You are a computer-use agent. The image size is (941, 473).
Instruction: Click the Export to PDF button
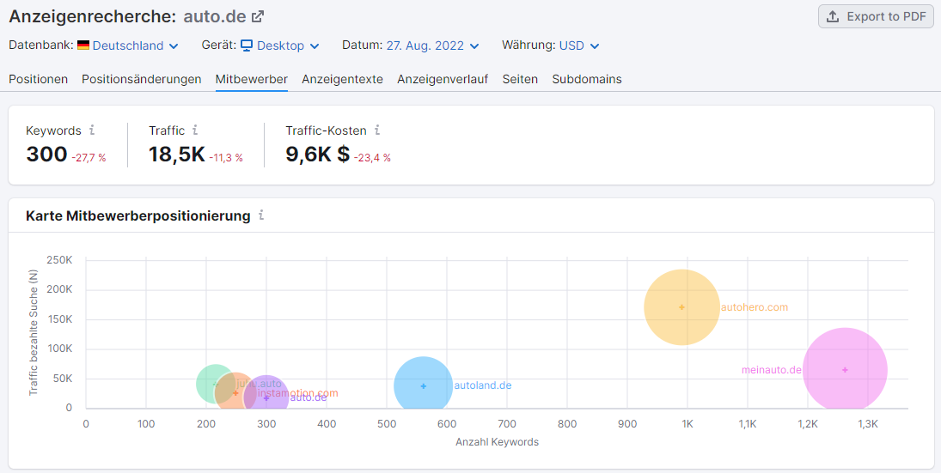(876, 16)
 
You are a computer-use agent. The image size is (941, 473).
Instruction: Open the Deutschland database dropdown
(136, 45)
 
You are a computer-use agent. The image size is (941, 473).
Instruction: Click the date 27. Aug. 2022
(432, 45)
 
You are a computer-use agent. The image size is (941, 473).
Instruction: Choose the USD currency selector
(579, 45)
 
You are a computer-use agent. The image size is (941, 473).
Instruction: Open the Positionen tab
(39, 79)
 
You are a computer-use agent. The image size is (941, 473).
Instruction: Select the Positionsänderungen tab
(142, 79)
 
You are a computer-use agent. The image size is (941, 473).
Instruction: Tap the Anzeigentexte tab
(342, 79)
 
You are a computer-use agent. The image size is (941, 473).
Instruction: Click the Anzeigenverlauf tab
(443, 79)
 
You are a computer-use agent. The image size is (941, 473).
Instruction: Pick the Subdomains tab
(587, 79)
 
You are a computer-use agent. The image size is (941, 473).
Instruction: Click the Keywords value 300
(46, 155)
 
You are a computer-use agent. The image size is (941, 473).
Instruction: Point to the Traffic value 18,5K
(176, 155)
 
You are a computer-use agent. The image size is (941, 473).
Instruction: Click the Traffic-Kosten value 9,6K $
(318, 155)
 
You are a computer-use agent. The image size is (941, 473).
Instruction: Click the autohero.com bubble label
(754, 307)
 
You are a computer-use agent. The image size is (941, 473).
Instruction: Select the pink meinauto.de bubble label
(771, 370)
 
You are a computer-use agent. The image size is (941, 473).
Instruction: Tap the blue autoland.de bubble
(423, 386)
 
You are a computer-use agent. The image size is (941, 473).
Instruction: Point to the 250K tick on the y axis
(58, 260)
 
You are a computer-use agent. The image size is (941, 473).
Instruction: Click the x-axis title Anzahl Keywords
(497, 442)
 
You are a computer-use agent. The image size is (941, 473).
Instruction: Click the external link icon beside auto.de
(257, 16)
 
